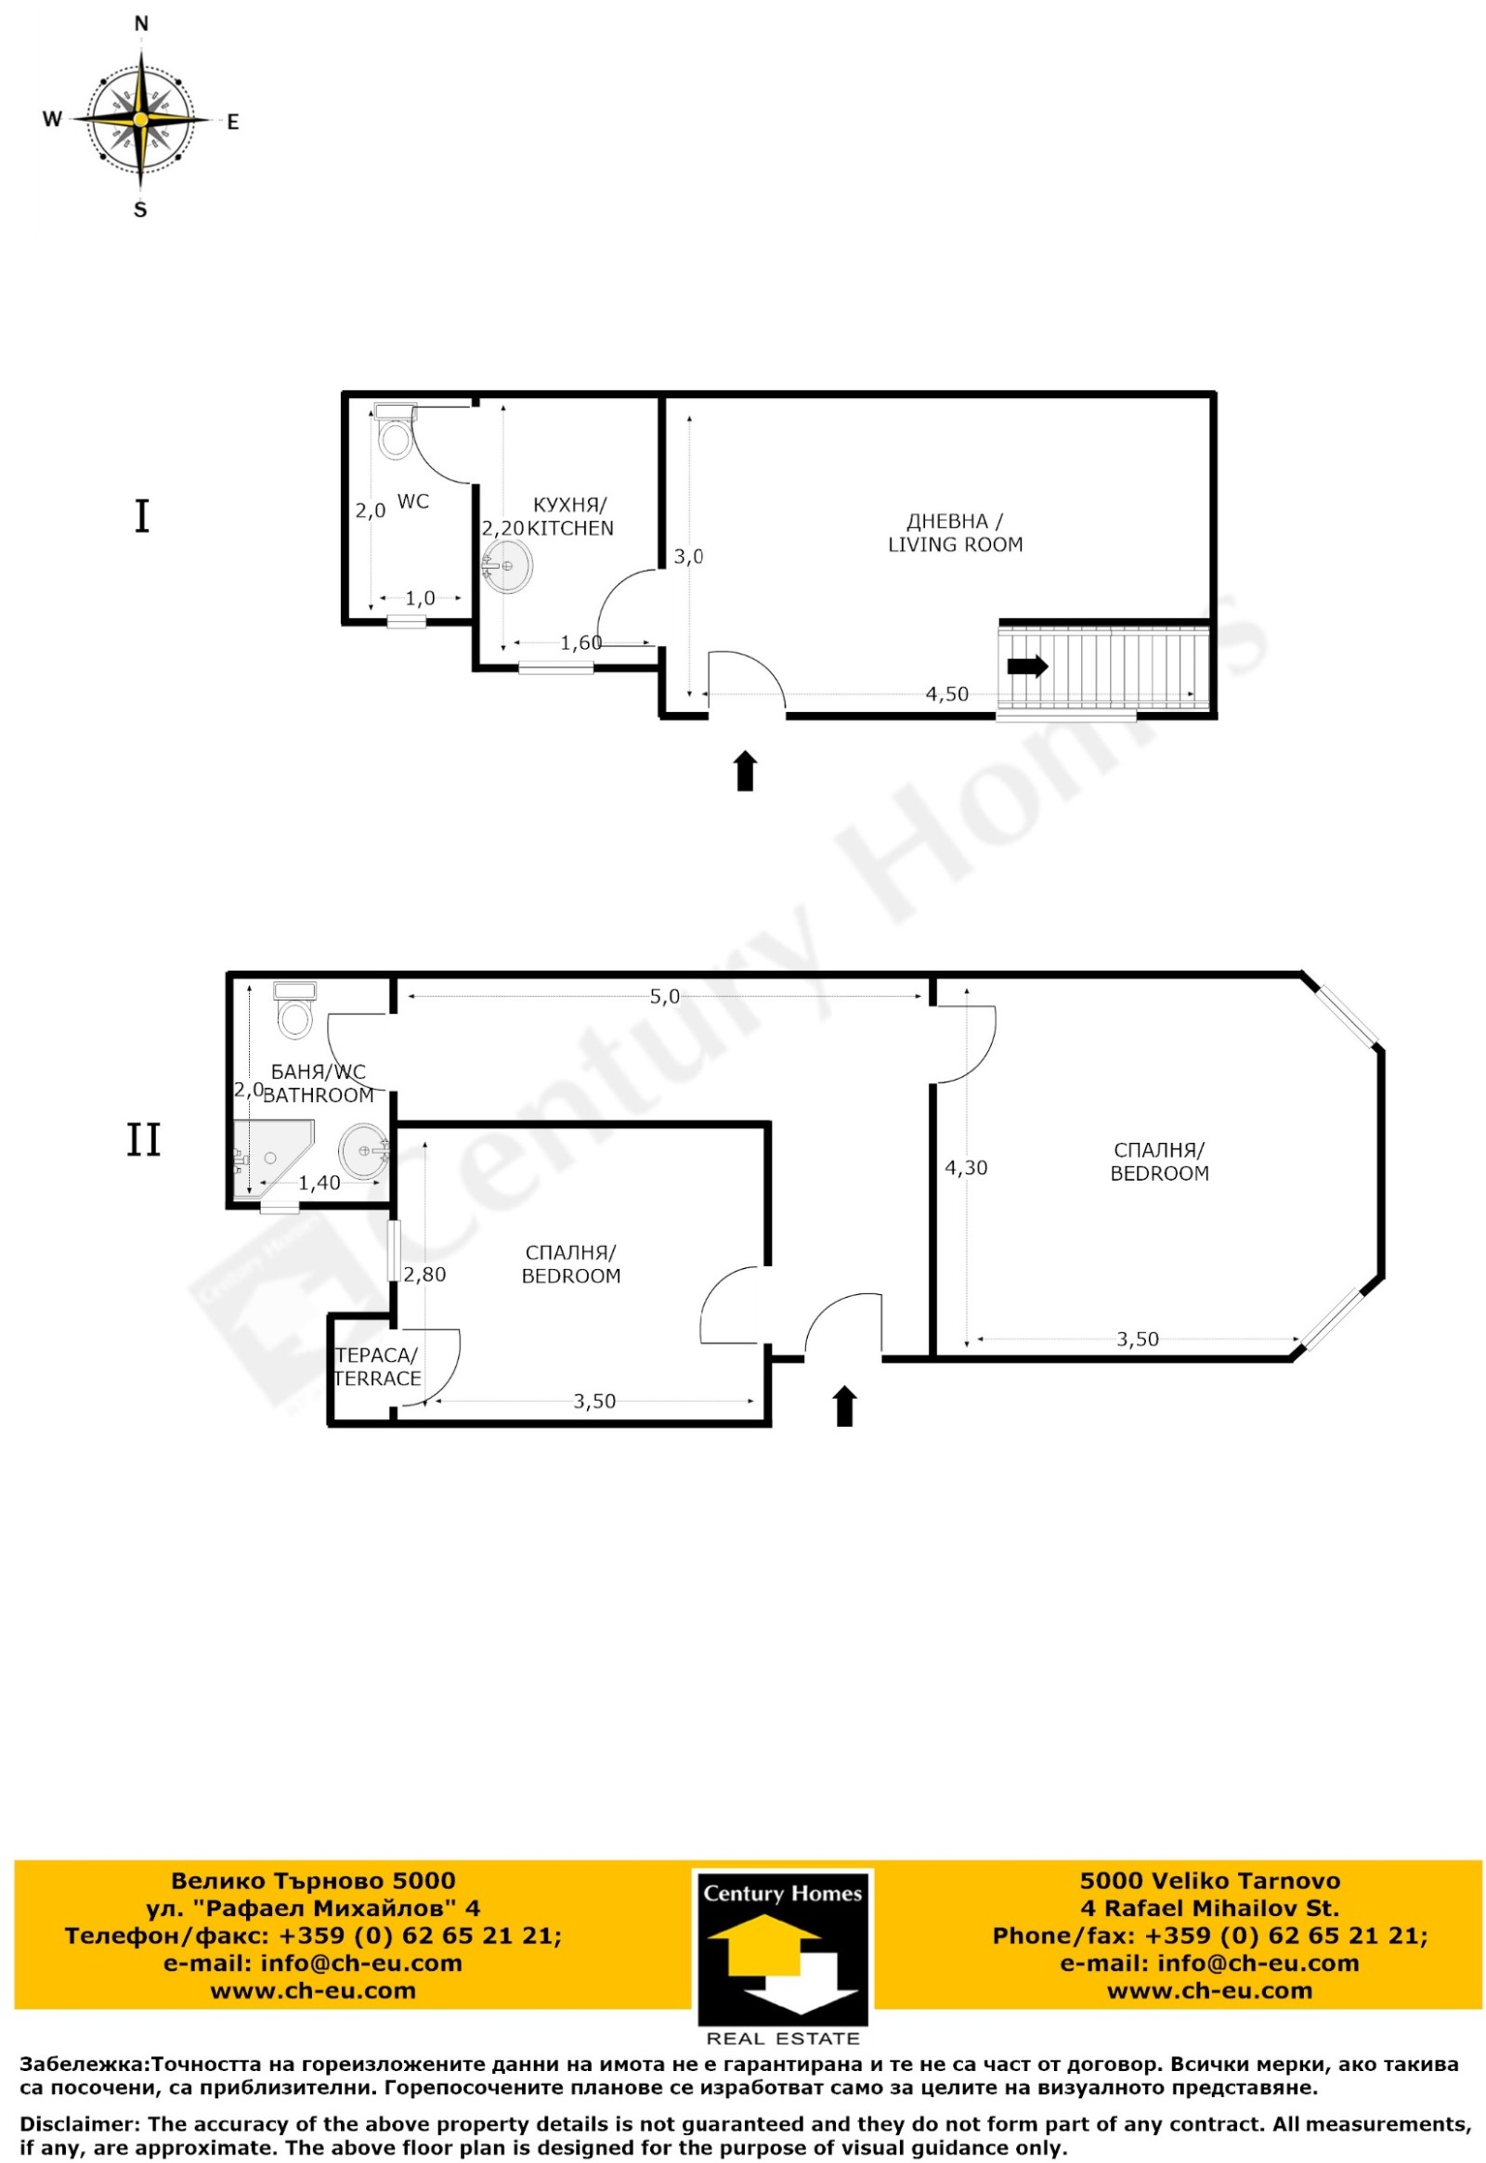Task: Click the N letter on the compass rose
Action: click(x=141, y=24)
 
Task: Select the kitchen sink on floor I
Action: click(x=506, y=566)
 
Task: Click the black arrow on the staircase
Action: click(x=1028, y=667)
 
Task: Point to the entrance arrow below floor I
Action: click(x=745, y=771)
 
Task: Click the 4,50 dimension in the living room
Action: click(x=947, y=694)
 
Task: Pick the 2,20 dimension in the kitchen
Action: click(x=502, y=528)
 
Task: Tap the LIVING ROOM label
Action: click(x=956, y=545)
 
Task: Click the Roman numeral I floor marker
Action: click(x=142, y=516)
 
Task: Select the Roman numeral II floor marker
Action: click(x=144, y=1141)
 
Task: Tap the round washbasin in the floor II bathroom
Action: click(x=362, y=1151)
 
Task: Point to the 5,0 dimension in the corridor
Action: click(x=665, y=997)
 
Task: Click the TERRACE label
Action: click(x=377, y=1379)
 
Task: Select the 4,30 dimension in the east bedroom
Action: click(x=967, y=1167)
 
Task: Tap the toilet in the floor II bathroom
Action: click(x=295, y=1010)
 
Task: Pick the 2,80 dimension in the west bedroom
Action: click(x=424, y=1276)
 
